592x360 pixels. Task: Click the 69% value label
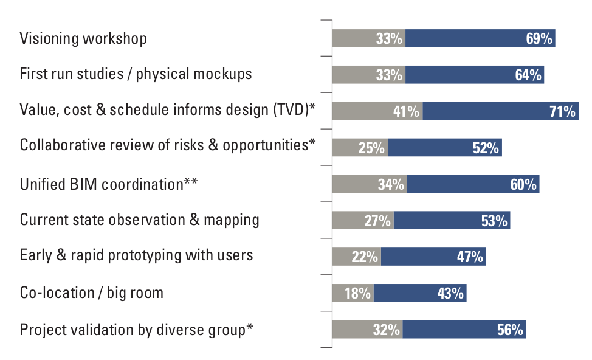pyautogui.click(x=539, y=39)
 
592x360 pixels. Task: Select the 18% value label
pyautogui.click(x=357, y=293)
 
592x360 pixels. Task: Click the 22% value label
pyautogui.click(x=365, y=257)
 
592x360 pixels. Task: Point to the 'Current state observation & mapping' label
pyautogui.click(x=140, y=220)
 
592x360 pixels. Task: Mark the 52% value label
pyautogui.click(x=486, y=148)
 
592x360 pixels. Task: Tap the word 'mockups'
pyautogui.click(x=221, y=74)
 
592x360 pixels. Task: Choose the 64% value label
pyautogui.click(x=528, y=75)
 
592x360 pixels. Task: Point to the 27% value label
pyautogui.click(x=377, y=221)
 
